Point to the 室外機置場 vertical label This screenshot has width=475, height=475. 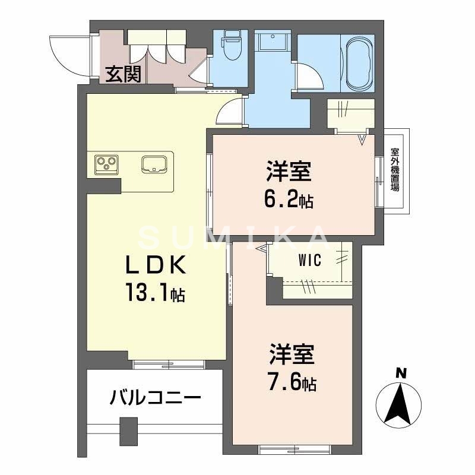[x=395, y=169]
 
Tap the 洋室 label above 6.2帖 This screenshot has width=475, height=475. [x=288, y=173]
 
